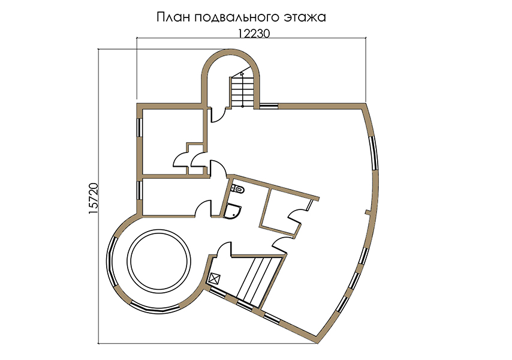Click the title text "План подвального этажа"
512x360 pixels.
click(241, 17)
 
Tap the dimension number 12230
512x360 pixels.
click(254, 34)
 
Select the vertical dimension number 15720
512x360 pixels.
click(94, 199)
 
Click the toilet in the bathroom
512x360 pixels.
click(237, 189)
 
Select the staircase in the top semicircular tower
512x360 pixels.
click(243, 91)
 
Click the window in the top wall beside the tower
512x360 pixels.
click(268, 106)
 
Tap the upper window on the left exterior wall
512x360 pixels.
click(140, 127)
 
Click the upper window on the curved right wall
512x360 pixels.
click(374, 153)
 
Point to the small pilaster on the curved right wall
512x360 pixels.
click(368, 213)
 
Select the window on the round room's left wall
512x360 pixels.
click(111, 262)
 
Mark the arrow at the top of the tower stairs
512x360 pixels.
click(242, 74)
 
